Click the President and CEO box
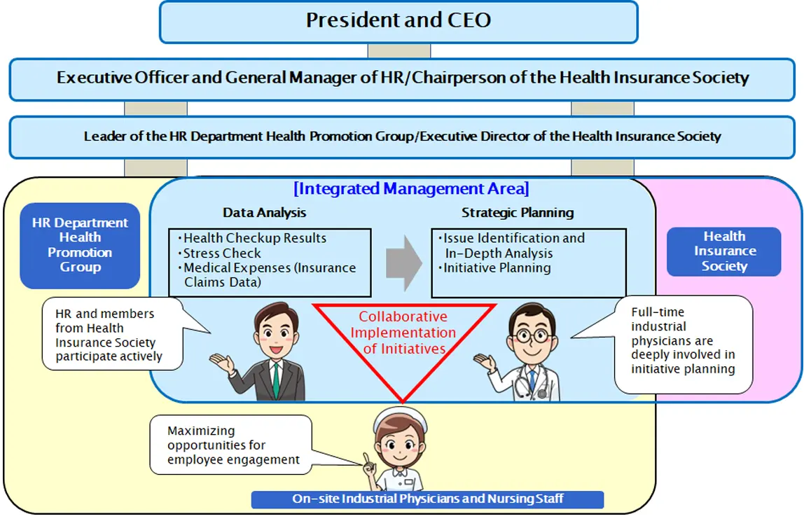click(x=398, y=21)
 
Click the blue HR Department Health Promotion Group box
click(x=80, y=245)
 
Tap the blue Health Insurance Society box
click(x=724, y=251)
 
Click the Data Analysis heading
click(x=264, y=213)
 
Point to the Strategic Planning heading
click(x=517, y=213)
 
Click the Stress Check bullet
click(x=221, y=253)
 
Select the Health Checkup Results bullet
click(x=254, y=239)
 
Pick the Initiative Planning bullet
click(x=497, y=268)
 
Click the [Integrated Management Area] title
click(x=411, y=189)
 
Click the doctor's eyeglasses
click(x=530, y=336)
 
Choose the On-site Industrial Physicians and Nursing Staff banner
click(x=427, y=499)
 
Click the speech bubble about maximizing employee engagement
click(x=230, y=445)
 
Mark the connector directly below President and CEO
click(x=398, y=50)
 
